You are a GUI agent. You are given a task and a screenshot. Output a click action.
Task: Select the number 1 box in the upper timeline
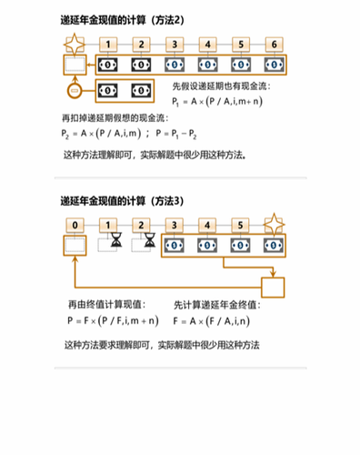point(108,44)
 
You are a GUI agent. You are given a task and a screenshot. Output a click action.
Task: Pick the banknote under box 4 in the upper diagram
point(209,65)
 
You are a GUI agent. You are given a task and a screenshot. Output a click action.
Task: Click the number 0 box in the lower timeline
point(75,223)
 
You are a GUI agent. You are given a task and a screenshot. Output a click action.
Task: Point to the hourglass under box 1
point(115,244)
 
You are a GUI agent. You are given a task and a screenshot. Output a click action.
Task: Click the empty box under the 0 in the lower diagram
point(75,244)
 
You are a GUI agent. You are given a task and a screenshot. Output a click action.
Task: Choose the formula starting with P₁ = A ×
point(229,102)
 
